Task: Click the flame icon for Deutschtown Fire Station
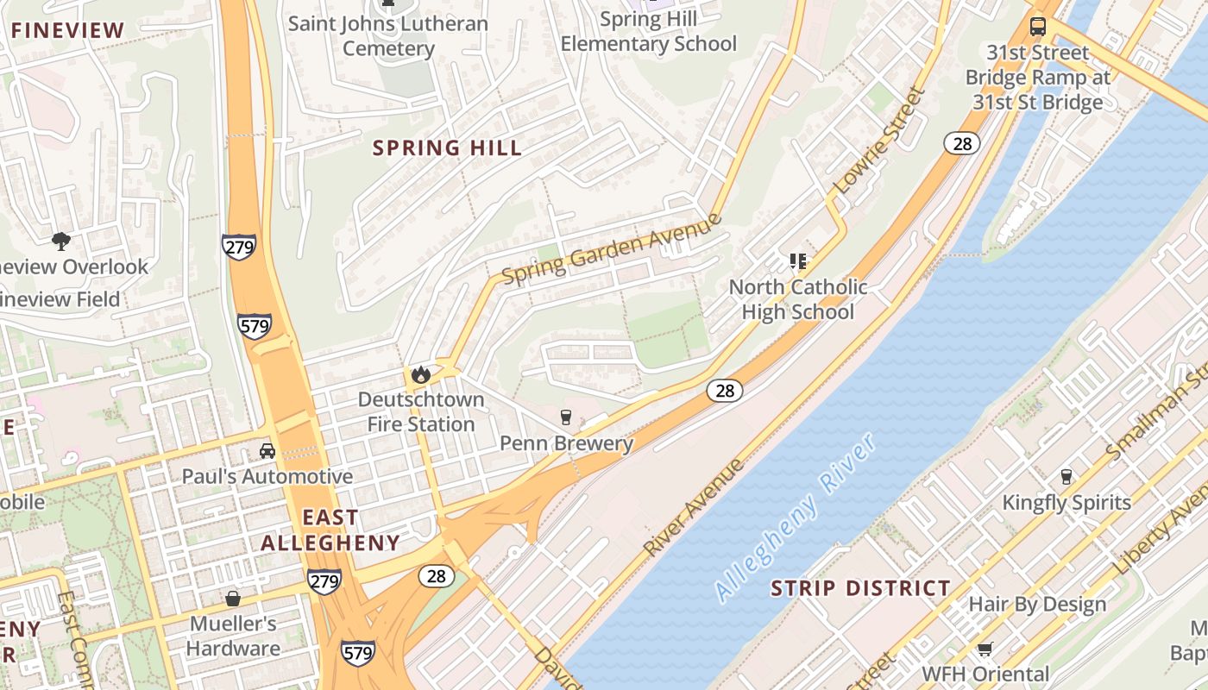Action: click(420, 374)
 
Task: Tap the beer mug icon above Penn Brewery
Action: click(566, 417)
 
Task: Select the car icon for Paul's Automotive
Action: click(267, 450)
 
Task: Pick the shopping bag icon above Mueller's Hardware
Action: click(232, 598)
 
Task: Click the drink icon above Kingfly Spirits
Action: click(1066, 476)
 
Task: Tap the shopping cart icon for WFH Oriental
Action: click(985, 648)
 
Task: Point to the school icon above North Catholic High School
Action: click(798, 260)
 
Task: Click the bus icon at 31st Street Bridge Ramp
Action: click(1038, 26)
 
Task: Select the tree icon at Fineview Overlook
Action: click(60, 241)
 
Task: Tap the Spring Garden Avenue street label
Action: click(611, 249)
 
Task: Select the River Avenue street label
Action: click(693, 507)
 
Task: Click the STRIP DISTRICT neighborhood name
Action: click(860, 588)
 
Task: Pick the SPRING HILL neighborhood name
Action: click(447, 147)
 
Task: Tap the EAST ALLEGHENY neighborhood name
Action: click(330, 530)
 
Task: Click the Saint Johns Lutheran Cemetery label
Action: click(388, 35)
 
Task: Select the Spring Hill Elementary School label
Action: click(649, 31)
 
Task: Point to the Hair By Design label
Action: click(1037, 604)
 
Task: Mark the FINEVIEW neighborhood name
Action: click(68, 30)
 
